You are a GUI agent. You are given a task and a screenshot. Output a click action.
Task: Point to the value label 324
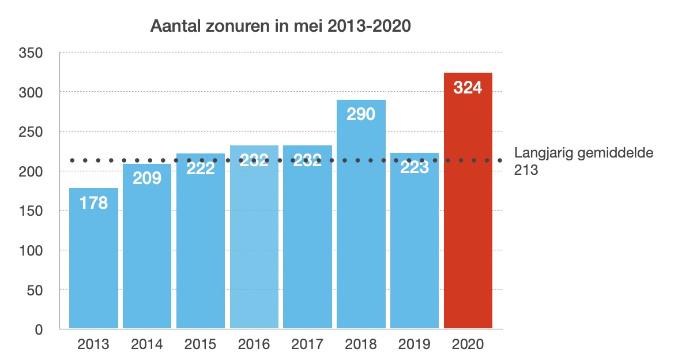click(468, 88)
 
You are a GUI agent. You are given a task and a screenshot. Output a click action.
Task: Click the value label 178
click(93, 203)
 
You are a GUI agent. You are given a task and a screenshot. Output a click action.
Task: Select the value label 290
click(361, 114)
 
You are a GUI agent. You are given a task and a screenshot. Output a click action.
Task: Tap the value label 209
click(147, 178)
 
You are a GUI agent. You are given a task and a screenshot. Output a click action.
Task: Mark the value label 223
click(415, 168)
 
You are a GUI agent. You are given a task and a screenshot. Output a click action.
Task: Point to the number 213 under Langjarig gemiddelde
click(525, 170)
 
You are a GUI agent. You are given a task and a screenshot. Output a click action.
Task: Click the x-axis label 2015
click(200, 345)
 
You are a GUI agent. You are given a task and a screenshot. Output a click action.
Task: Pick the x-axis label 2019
click(415, 345)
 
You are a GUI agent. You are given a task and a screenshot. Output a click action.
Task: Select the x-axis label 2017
click(307, 345)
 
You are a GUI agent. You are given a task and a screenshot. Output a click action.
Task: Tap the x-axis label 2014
click(147, 345)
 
